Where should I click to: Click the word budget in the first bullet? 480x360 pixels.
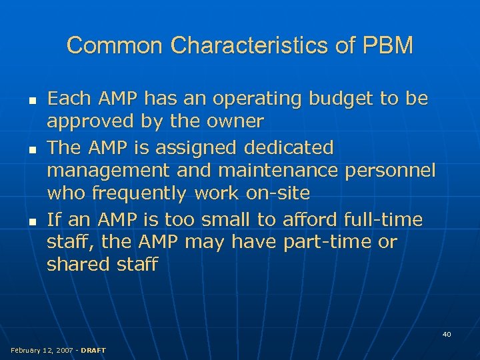click(x=341, y=99)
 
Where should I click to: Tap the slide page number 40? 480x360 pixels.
click(x=447, y=334)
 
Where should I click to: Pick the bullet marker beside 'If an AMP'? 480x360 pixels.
click(x=23, y=221)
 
